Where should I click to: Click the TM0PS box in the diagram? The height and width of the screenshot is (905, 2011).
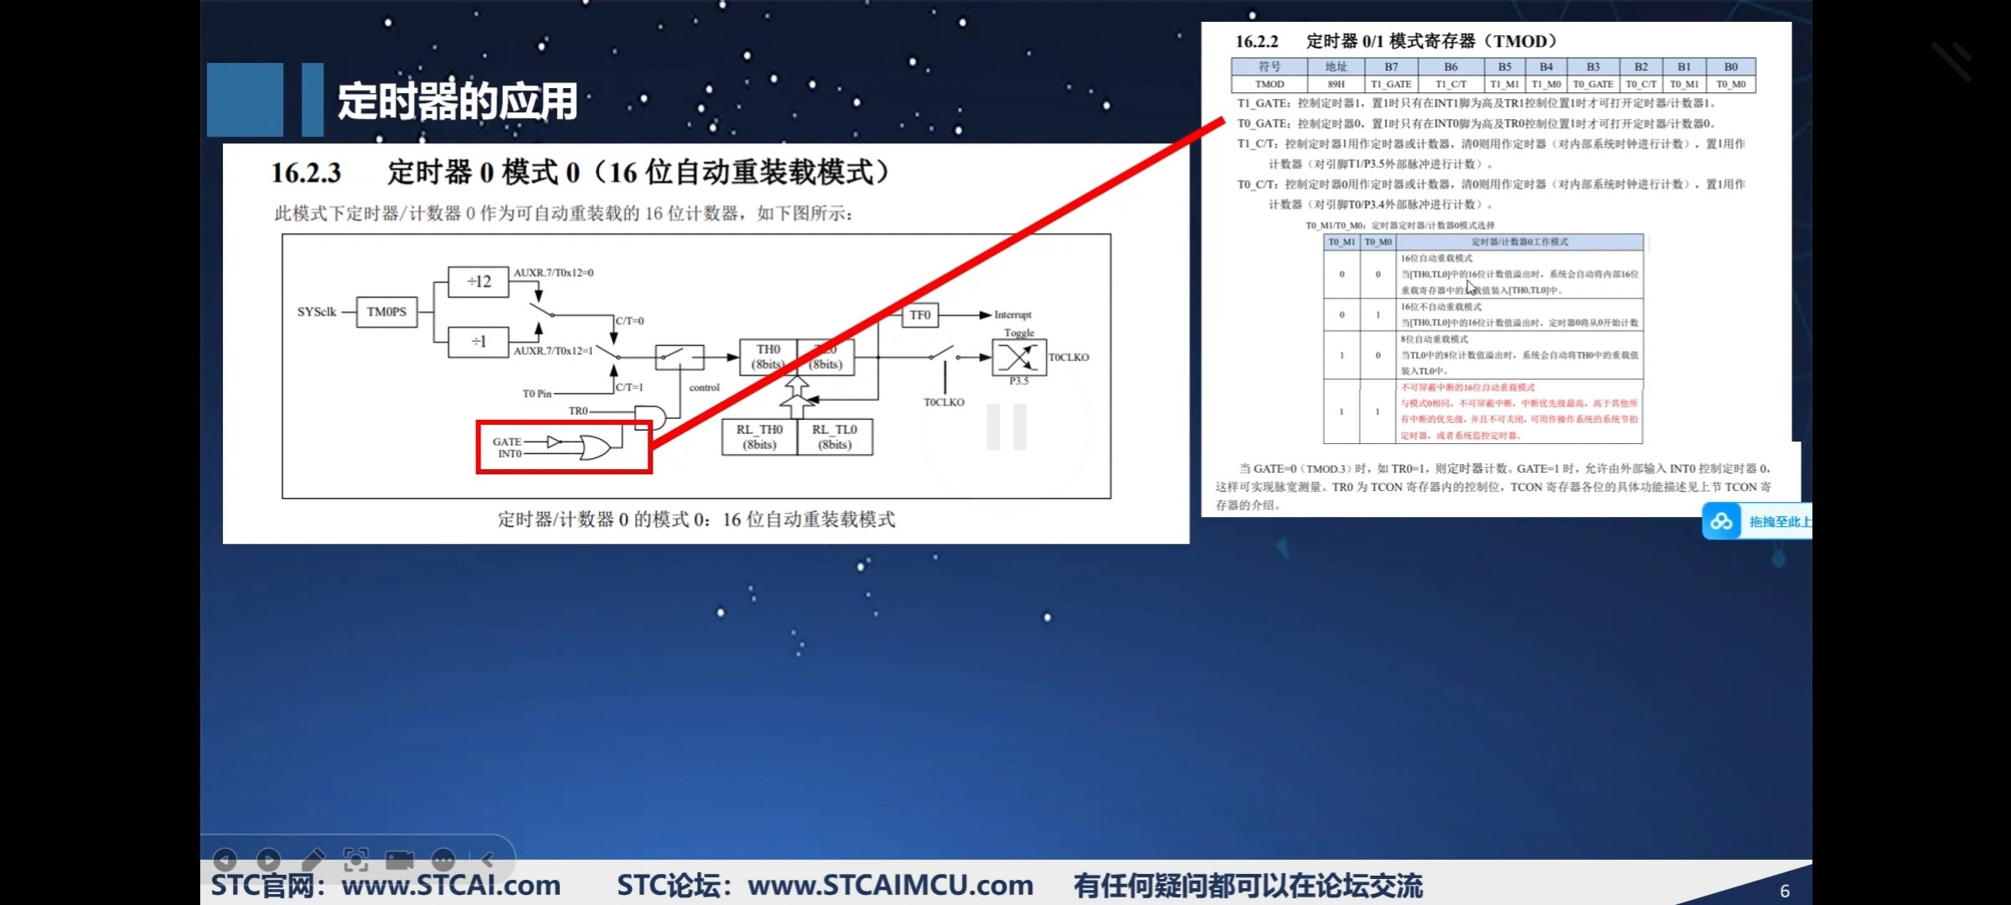click(386, 312)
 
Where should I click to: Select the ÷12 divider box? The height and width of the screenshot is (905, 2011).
click(478, 282)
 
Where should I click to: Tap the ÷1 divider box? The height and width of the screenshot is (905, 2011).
click(478, 342)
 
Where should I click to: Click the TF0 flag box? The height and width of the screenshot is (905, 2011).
click(920, 315)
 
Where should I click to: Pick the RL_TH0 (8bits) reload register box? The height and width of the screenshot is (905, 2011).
click(759, 437)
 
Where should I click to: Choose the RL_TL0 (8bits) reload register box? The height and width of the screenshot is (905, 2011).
click(835, 437)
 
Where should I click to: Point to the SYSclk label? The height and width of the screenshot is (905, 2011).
click(317, 312)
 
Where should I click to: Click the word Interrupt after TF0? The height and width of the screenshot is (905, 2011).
click(1013, 315)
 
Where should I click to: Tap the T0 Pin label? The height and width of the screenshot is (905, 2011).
click(537, 394)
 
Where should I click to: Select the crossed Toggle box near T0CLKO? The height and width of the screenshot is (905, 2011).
click(1018, 358)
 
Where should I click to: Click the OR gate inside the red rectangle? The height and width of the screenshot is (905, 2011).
click(594, 447)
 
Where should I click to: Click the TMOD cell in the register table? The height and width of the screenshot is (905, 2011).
click(1269, 85)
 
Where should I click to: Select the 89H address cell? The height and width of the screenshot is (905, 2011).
click(1336, 85)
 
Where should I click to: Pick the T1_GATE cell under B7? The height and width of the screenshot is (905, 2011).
click(1391, 85)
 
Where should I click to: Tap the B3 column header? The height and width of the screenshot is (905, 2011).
click(1593, 67)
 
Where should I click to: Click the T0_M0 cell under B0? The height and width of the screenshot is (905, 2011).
click(1731, 85)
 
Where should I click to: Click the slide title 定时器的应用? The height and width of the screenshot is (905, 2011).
click(458, 101)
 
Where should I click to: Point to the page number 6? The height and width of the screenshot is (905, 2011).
click(1785, 891)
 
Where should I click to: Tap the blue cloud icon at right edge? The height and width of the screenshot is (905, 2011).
click(1721, 522)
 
